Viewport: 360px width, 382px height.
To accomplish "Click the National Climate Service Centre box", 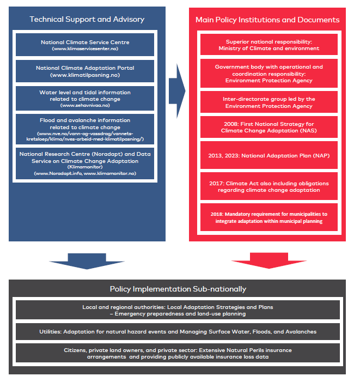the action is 85,45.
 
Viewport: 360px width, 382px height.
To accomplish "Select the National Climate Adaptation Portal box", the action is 85,71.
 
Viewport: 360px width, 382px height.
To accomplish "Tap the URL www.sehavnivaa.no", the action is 85,105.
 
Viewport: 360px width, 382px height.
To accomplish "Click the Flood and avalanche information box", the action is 85,129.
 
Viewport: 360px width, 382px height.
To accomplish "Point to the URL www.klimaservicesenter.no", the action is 85,48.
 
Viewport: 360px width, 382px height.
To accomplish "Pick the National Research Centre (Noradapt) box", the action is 85,163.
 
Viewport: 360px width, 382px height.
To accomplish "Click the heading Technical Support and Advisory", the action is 87,19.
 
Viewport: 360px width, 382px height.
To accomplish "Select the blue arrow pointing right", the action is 177,91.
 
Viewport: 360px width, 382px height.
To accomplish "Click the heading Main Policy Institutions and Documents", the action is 267,20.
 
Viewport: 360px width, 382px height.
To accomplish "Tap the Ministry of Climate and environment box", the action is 269,45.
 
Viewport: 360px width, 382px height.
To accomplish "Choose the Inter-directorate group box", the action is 269,102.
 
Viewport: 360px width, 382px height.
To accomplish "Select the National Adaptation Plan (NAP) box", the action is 269,155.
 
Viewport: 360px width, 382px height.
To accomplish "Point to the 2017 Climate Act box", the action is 269,186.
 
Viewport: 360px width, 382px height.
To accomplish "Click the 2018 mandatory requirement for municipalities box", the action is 269,217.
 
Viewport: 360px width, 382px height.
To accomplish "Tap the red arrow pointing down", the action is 269,261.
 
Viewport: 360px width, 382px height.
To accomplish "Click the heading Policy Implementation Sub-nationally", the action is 178,289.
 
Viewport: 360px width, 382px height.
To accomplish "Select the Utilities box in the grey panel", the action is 178,331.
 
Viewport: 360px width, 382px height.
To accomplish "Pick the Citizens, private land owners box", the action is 178,353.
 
